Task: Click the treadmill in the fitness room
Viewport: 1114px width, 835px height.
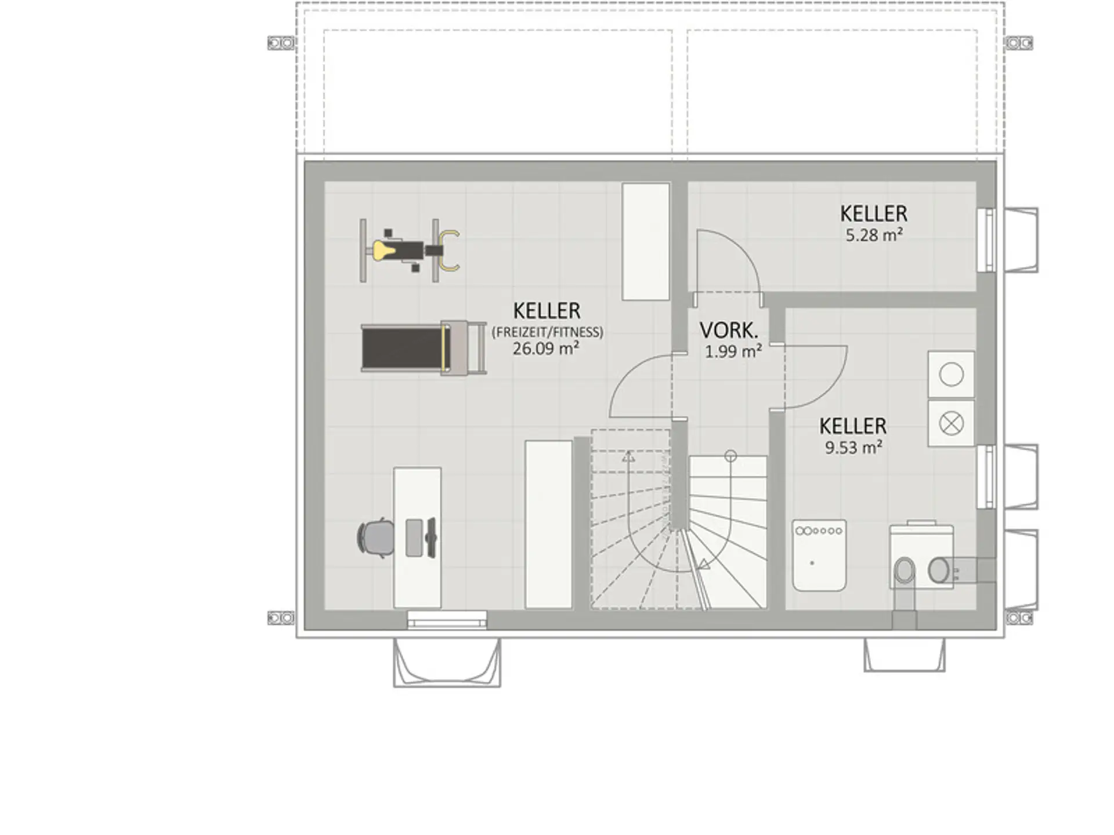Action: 424,347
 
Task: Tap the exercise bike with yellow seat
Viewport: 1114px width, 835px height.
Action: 410,251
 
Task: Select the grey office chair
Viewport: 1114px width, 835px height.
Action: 375,538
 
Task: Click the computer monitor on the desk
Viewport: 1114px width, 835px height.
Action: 431,538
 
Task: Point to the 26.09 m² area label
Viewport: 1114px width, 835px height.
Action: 545,348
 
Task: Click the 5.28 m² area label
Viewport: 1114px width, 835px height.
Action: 874,235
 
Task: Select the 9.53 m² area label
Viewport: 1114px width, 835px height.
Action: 853,448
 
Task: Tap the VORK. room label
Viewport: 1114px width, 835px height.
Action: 729,331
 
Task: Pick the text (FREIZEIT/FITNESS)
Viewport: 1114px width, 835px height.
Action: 547,332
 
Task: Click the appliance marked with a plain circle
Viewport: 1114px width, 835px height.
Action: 951,374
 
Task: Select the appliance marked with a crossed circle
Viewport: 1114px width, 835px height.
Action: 951,423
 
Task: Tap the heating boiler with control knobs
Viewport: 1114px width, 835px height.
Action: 819,556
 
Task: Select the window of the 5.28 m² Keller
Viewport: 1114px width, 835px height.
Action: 986,240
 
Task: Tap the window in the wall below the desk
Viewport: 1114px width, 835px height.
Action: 447,620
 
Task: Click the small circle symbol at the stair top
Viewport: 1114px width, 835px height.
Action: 730,456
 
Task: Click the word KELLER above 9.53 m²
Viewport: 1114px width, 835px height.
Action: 853,426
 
